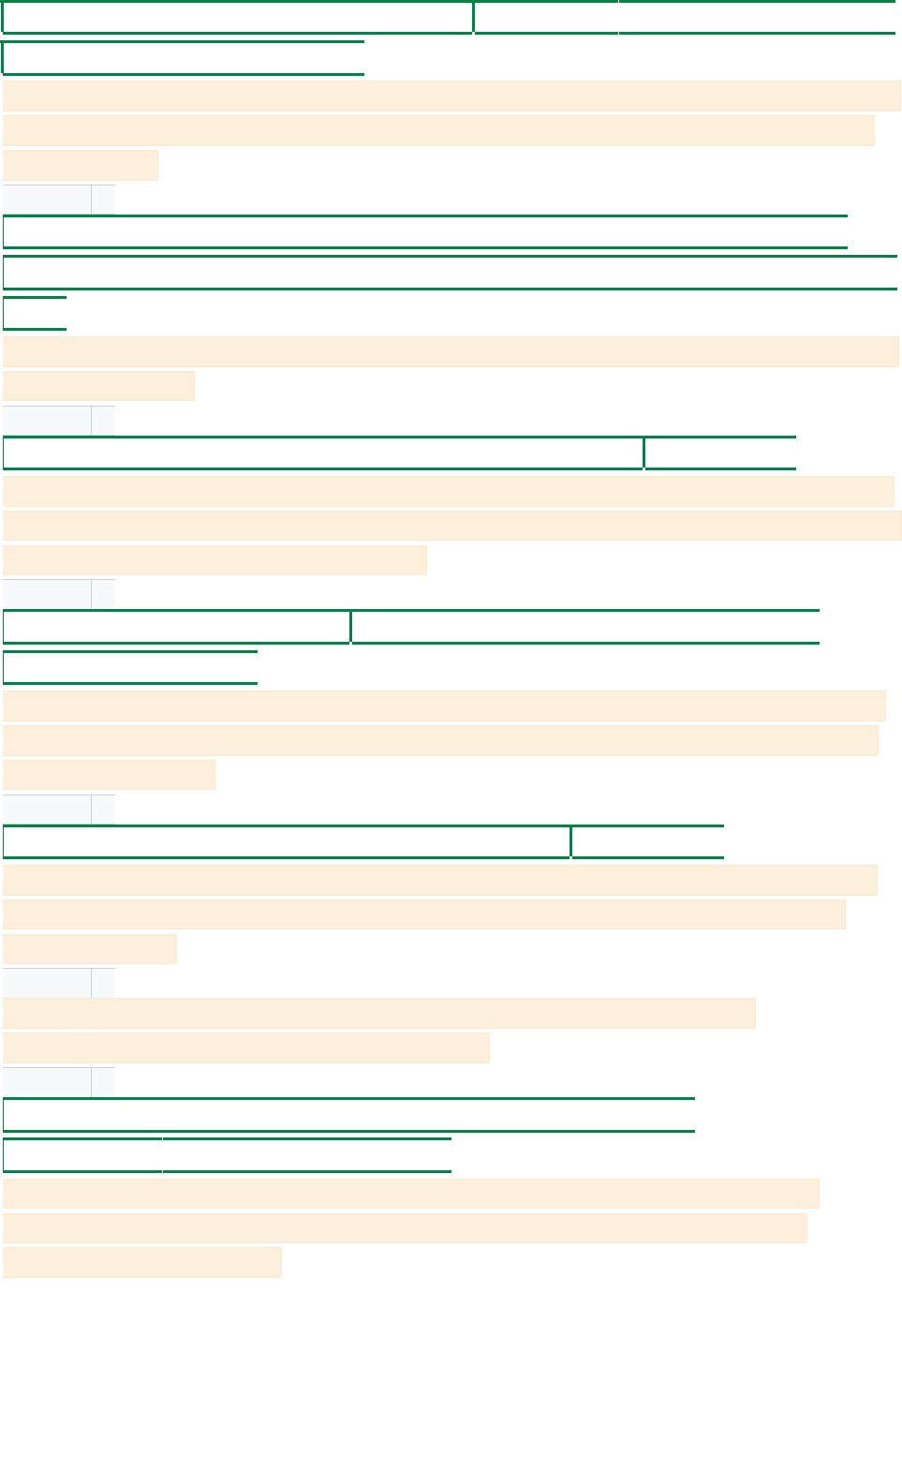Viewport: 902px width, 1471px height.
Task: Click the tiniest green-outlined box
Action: [35, 313]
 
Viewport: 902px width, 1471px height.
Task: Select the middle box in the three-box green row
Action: [546, 18]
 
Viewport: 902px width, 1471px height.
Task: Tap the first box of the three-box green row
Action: [238, 18]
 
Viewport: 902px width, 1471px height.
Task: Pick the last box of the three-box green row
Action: [757, 18]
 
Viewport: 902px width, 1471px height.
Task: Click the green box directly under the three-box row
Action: [183, 58]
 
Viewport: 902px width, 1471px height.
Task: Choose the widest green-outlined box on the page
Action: [450, 272]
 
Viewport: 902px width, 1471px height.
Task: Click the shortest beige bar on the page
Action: [81, 165]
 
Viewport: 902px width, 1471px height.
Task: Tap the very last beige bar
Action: [142, 1262]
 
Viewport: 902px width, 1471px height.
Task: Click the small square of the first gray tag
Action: [103, 200]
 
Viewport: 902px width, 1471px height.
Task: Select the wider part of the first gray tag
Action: [47, 200]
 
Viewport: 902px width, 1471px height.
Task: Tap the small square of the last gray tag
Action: [103, 1082]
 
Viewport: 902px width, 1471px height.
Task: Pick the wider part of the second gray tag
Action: [47, 421]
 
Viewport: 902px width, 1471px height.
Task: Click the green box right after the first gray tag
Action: [425, 231]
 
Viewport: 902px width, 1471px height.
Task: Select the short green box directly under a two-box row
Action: [130, 667]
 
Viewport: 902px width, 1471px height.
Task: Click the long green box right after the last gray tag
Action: [348, 1115]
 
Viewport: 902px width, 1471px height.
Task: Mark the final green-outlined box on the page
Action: [307, 1155]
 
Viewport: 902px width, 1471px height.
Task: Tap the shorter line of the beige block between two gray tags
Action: [246, 1048]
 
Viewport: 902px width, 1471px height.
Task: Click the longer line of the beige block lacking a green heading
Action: [379, 1013]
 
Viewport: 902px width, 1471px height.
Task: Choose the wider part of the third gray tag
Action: [47, 594]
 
